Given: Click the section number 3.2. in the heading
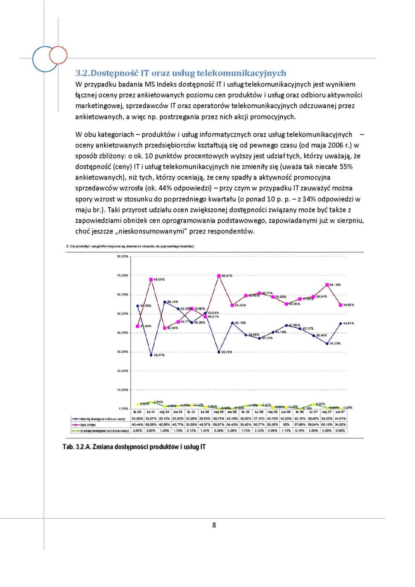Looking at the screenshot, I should pos(83,73).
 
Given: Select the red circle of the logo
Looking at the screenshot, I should pos(58,55).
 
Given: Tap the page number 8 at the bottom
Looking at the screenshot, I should pos(214,525).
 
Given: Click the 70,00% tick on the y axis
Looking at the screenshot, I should pos(123,275).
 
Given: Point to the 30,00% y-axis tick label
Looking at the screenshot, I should pos(123,352).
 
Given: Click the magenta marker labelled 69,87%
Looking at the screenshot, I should pos(219,275).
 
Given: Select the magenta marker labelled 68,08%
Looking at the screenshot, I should pos(151,279).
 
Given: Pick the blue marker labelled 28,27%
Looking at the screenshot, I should pos(151,355).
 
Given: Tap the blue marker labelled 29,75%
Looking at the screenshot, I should pos(219,352).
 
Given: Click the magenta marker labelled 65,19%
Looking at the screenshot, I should pos(327,285).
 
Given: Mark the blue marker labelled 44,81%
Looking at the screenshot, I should pos(341,323).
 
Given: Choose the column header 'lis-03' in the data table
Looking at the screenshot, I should pos(137,412).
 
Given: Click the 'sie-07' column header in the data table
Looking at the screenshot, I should pos(340,412).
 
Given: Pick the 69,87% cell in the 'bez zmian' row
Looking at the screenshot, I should pos(219,425).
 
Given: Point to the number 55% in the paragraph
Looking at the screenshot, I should pos(346,167).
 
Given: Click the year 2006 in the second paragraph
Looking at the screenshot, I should pos(335,145).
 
